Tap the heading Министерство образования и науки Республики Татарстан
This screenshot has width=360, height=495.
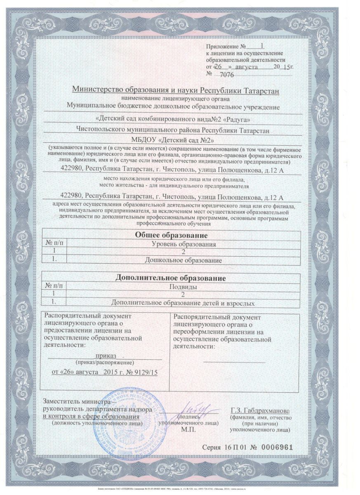click(176, 90)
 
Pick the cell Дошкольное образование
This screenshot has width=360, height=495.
click(184, 261)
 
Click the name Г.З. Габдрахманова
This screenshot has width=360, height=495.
click(260, 411)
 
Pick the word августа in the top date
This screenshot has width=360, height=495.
click(247, 66)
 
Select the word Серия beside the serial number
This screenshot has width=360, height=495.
click(212, 448)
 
